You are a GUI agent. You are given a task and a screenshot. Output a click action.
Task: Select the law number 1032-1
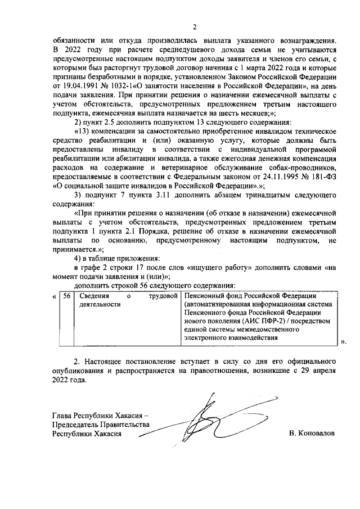[x=127, y=86]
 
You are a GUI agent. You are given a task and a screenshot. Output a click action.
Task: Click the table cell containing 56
[x=67, y=297]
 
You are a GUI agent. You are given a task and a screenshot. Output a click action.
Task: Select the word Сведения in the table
[x=93, y=296]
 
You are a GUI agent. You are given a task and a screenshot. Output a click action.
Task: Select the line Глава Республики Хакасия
[x=100, y=416]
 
